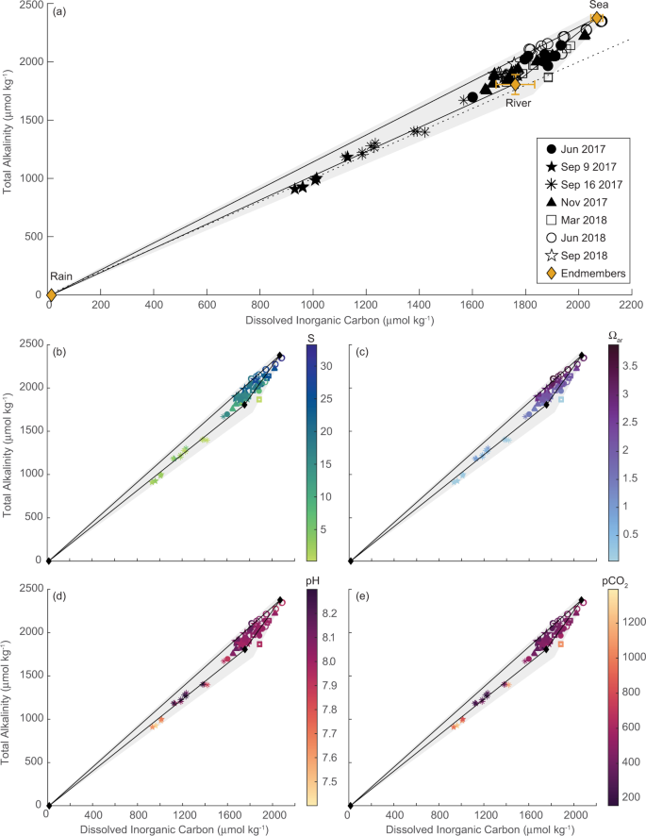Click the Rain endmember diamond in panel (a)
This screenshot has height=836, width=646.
(51, 294)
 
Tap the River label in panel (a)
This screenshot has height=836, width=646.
(518, 104)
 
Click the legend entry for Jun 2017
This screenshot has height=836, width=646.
(579, 148)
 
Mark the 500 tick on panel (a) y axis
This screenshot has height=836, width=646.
(35, 236)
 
